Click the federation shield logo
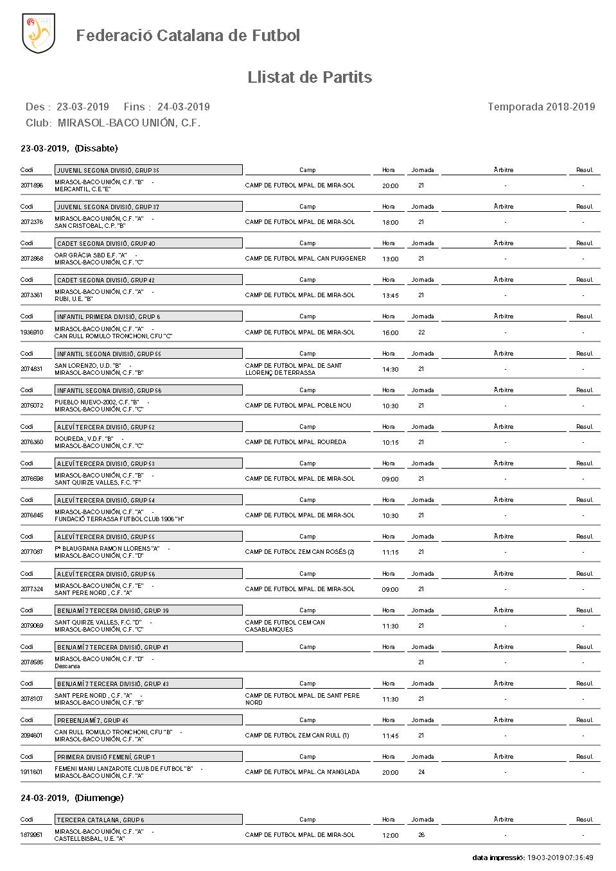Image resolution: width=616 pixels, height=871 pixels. pyautogui.click(x=38, y=33)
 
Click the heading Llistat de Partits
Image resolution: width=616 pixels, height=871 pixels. pyautogui.click(x=310, y=78)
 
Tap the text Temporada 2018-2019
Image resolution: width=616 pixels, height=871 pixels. pyautogui.click(x=541, y=107)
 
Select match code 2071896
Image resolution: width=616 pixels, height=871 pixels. pyautogui.click(x=31, y=185)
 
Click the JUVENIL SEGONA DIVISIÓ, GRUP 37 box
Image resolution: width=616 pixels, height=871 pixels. pyautogui.click(x=148, y=207)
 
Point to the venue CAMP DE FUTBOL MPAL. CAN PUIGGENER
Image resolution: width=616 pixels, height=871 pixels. pyautogui.click(x=305, y=259)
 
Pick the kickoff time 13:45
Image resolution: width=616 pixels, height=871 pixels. pyautogui.click(x=391, y=296)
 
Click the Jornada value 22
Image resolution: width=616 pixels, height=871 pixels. pyautogui.click(x=421, y=332)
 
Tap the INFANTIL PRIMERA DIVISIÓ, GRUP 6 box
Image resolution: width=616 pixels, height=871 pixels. pyautogui.click(x=148, y=316)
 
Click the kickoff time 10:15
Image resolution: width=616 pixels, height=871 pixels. pyautogui.click(x=391, y=443)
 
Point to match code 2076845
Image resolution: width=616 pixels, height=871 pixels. pyautogui.click(x=31, y=515)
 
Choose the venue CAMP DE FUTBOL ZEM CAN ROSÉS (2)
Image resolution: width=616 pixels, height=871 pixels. pyautogui.click(x=299, y=552)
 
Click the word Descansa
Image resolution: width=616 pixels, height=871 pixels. pyautogui.click(x=67, y=666)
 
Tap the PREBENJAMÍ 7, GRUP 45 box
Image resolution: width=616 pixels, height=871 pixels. pyautogui.click(x=148, y=720)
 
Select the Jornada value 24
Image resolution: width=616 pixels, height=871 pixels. pyautogui.click(x=421, y=772)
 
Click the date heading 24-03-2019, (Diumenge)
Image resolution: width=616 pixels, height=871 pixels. pyautogui.click(x=72, y=798)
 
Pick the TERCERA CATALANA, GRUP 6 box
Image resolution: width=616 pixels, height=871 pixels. pyautogui.click(x=148, y=820)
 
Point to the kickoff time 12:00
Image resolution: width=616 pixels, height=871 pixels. pyautogui.click(x=391, y=836)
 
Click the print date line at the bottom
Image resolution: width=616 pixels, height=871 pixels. pyautogui.click(x=532, y=858)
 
